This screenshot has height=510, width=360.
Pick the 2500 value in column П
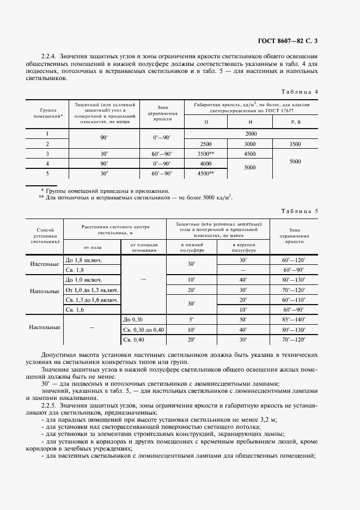pos(206,143)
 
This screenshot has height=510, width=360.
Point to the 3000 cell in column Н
pos(250,143)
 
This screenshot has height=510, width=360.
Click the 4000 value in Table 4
pos(206,163)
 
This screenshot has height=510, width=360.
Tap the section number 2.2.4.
pos(50,56)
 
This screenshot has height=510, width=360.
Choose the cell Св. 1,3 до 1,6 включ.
pos(91,300)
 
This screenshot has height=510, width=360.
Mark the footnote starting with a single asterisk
pos(105,191)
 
